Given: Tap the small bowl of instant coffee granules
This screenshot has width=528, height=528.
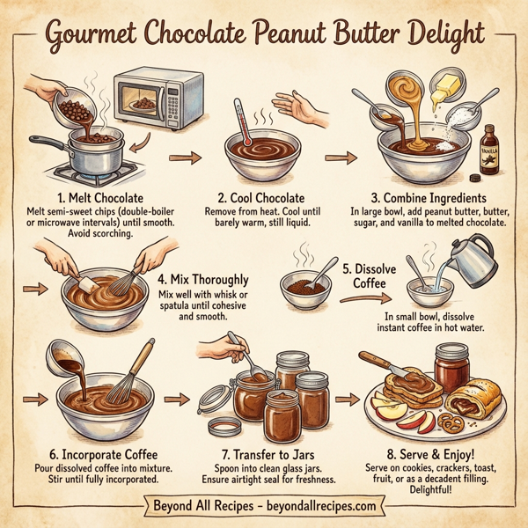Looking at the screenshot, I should point(304,286).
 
